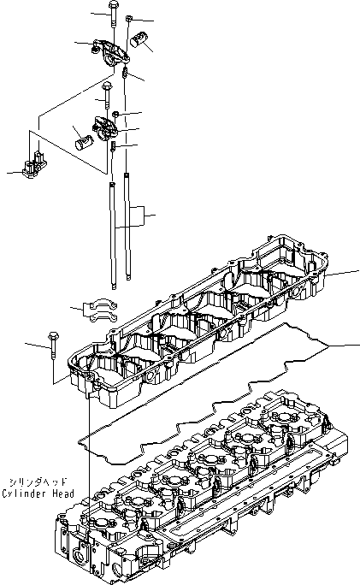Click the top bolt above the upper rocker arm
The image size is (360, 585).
113,15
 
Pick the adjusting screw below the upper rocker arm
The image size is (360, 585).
126,76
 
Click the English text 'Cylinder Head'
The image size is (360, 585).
37,493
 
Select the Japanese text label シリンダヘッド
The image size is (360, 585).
37,482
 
